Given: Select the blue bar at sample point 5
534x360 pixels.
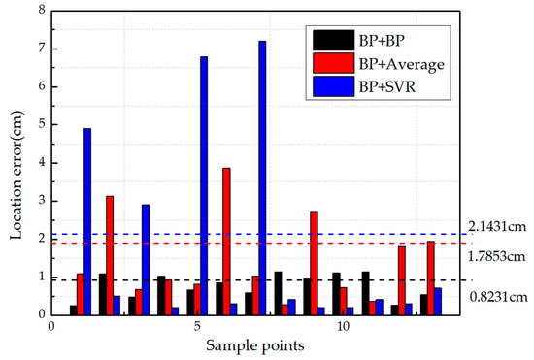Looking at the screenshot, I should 204,185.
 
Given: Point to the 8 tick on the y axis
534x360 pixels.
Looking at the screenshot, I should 40,10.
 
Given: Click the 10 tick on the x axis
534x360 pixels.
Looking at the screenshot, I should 343,327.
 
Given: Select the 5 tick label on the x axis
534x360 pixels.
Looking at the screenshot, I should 197,327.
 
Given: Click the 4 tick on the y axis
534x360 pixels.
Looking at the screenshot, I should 40,162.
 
